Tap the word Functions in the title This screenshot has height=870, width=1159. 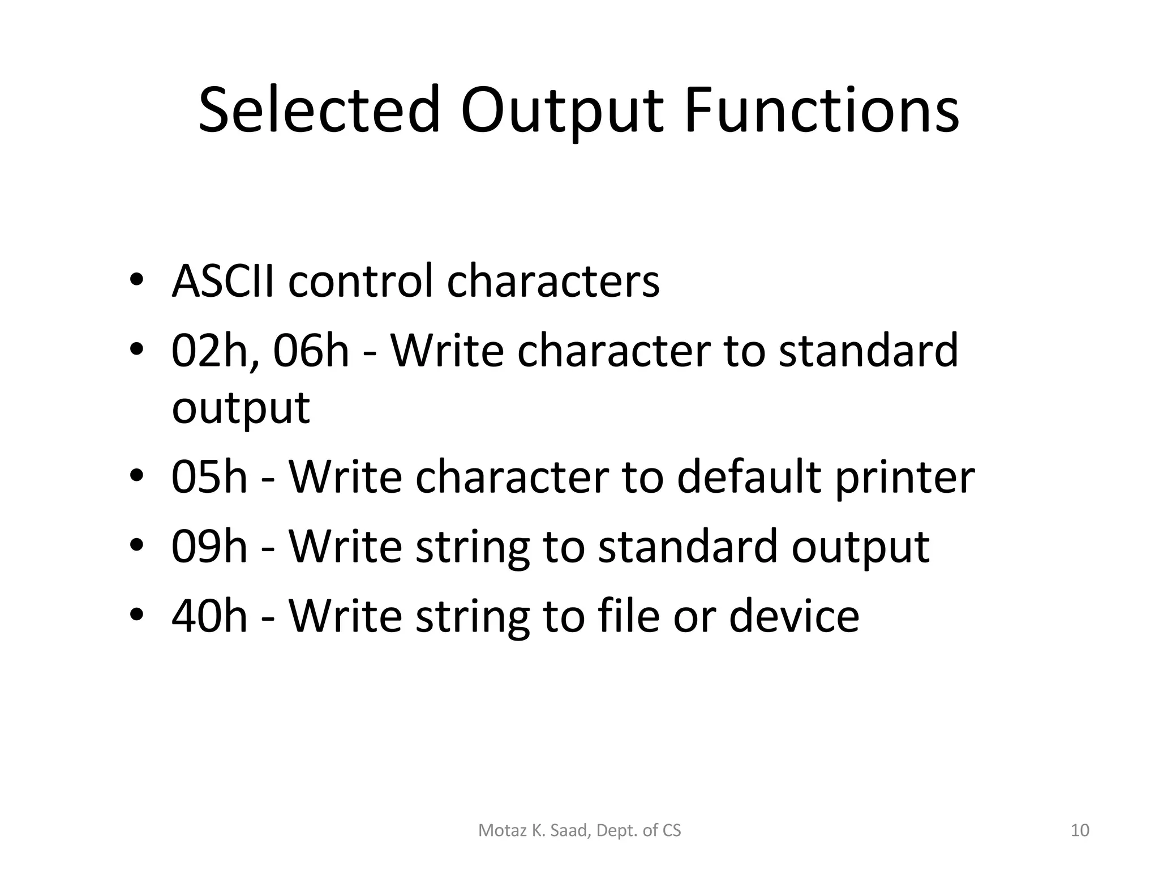click(821, 110)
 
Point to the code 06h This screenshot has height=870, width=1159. click(311, 352)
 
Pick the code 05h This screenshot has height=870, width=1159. click(209, 477)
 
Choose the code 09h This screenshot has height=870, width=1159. click(209, 547)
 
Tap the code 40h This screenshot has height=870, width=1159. click(209, 616)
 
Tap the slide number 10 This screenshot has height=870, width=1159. click(1080, 831)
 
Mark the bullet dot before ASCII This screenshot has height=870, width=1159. click(137, 281)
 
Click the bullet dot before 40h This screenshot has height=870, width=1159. click(137, 616)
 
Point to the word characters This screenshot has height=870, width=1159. click(553, 282)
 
